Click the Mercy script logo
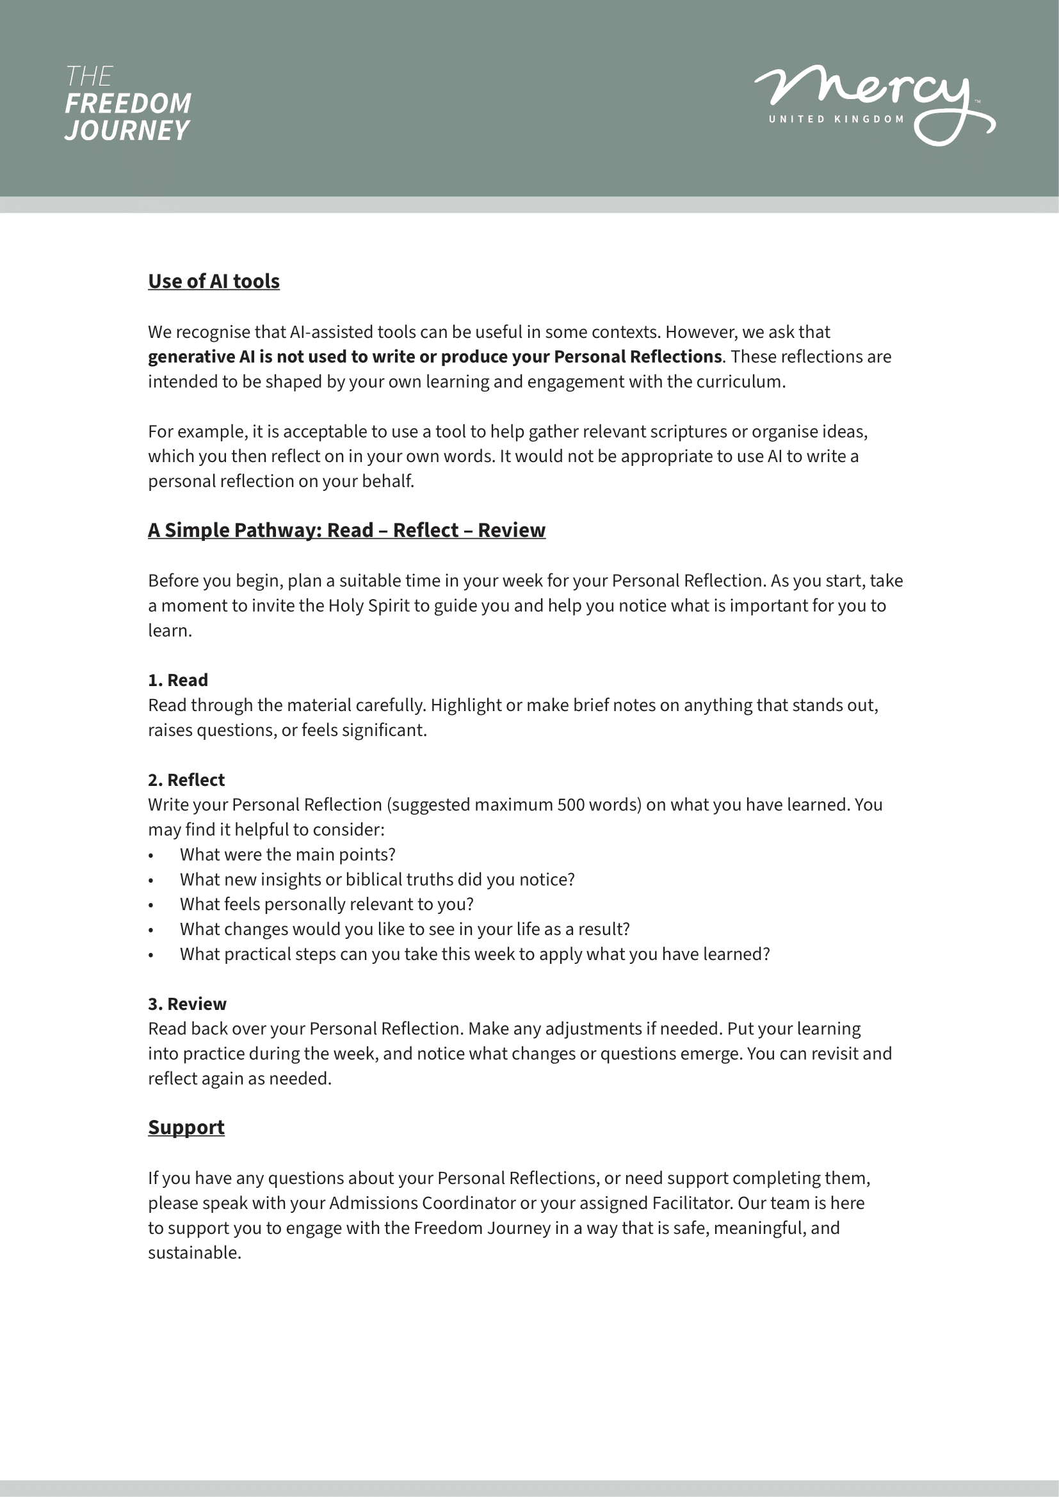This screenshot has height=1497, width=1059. [x=868, y=92]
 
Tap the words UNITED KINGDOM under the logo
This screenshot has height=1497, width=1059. [x=836, y=119]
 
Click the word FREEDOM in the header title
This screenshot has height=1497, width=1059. [x=128, y=104]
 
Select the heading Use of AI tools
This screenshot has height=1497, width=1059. [x=214, y=281]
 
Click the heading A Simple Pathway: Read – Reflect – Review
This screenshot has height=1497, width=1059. [x=346, y=530]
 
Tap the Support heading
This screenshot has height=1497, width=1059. [x=186, y=1127]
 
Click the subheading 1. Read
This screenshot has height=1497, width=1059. [x=178, y=680]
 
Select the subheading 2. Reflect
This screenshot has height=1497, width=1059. [x=186, y=780]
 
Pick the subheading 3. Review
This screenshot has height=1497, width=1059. [x=187, y=1004]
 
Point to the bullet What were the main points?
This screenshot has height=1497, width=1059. [x=287, y=854]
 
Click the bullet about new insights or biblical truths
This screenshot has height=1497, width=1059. [x=377, y=879]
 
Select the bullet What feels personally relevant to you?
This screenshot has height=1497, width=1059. [x=327, y=904]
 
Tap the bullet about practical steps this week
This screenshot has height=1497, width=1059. [x=474, y=954]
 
